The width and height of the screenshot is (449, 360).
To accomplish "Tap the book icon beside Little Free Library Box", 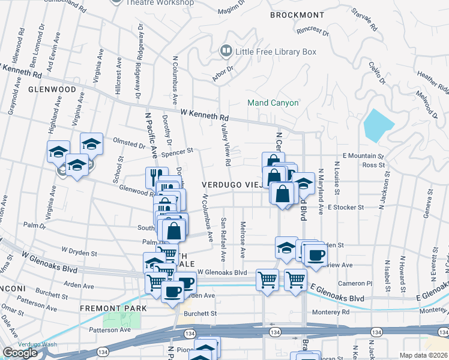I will click(226, 52).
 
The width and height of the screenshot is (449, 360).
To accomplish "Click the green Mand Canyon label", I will click(273, 103).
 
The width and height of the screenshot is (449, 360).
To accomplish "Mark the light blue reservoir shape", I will click(378, 124).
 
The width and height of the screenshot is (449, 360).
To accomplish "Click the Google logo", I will click(20, 353).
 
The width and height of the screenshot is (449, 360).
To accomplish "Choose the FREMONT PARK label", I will click(113, 308).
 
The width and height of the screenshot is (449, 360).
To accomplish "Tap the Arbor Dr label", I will click(223, 77).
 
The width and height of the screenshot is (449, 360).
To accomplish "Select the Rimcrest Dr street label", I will click(313, 31).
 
